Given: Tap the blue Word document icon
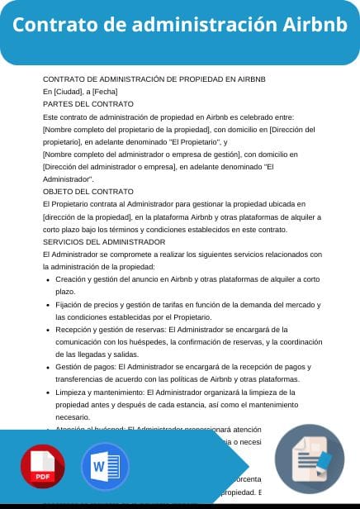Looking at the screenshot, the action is (105, 469).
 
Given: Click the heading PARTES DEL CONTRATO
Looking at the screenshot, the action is (88, 104).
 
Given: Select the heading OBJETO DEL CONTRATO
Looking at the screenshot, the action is (88, 191).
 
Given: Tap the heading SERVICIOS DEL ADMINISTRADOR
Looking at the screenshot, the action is (104, 241).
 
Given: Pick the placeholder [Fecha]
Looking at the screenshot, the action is (105, 92).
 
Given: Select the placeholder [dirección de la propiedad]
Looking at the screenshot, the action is (88, 216).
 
